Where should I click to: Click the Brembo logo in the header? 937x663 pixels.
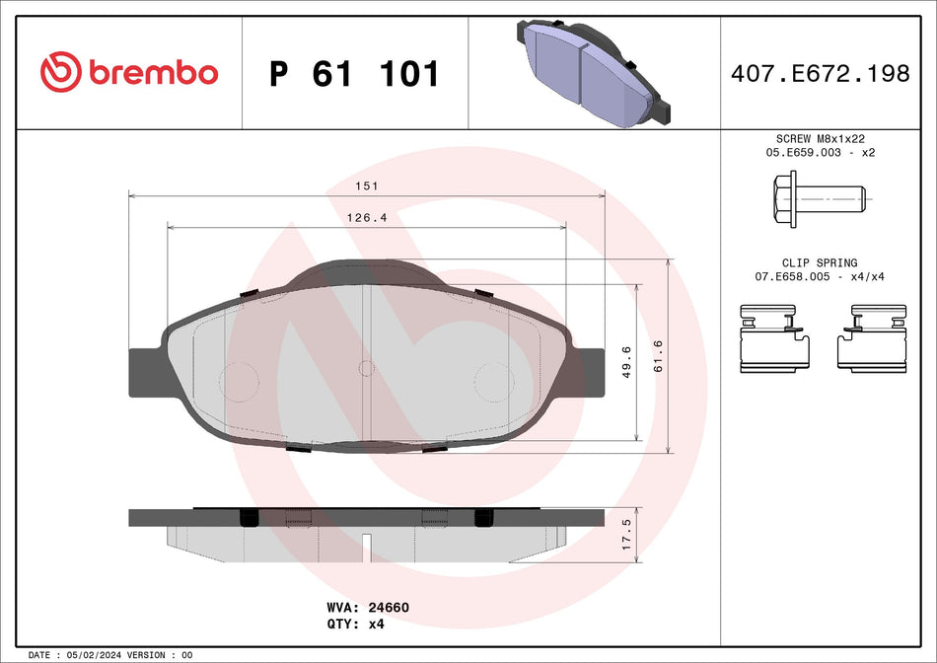pos(129,73)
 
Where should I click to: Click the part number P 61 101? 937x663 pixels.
pos(354,74)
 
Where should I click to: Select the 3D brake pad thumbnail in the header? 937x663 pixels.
pos(589,72)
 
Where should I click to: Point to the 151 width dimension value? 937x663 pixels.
pos(368,185)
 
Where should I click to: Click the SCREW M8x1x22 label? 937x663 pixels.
pos(820,140)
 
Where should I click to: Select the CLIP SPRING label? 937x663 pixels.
pos(820,263)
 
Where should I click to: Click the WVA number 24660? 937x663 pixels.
pos(390,608)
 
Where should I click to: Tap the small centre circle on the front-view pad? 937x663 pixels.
pos(366,369)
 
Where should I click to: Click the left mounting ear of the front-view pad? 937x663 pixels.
pos(145,367)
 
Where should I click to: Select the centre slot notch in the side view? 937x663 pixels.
pos(365,546)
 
